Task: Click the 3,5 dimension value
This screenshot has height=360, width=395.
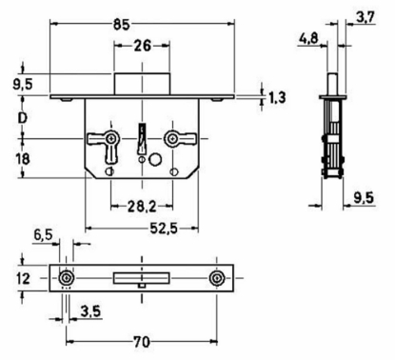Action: (x=92, y=310)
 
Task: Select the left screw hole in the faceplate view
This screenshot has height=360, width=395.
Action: (x=66, y=277)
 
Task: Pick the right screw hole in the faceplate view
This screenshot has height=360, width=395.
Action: (x=219, y=277)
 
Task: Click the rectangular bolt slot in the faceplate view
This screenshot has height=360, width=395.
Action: (x=142, y=277)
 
